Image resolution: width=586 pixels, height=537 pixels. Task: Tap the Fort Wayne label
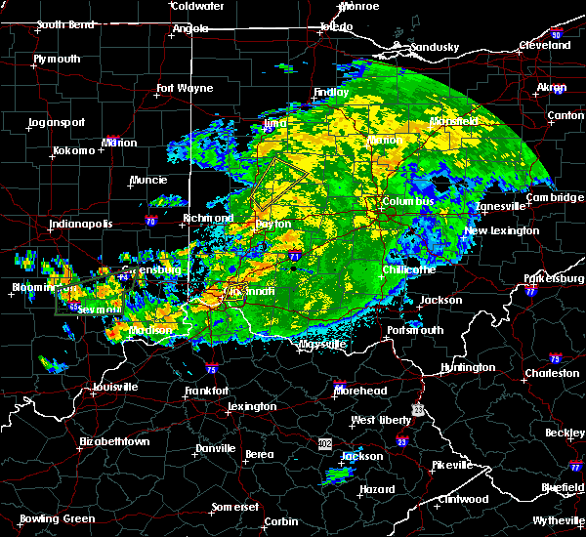coord(185,88)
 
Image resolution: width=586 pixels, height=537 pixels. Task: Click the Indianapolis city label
coord(81,224)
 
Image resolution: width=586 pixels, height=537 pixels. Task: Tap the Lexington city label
coord(252,406)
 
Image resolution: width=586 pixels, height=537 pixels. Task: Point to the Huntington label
coord(468,367)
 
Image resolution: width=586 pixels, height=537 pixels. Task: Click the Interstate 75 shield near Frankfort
coord(211,370)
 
